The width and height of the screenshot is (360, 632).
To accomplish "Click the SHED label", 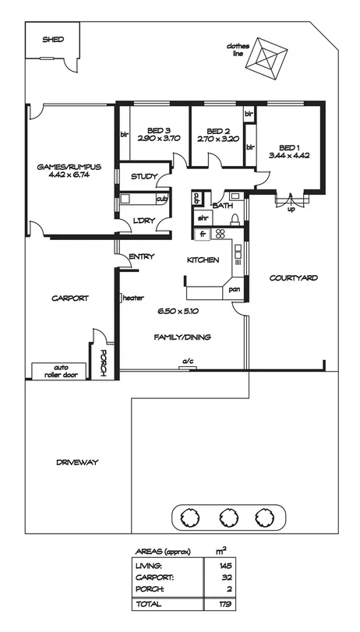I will click(53, 39).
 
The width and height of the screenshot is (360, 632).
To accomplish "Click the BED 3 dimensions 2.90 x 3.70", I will click(159, 138).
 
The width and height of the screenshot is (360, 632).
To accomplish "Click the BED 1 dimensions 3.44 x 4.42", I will click(289, 156).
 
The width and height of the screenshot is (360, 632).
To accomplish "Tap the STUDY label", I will click(144, 176).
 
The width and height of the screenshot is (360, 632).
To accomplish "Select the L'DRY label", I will click(143, 220).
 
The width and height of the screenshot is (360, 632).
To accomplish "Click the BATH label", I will click(222, 206).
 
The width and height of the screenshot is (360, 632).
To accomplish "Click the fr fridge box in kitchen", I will click(203, 234).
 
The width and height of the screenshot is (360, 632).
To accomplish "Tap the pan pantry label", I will click(234, 290).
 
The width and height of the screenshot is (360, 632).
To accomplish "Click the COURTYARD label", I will click(293, 277).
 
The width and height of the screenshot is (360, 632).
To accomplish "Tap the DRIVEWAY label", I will click(76, 462).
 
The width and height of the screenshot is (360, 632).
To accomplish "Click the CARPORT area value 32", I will click(227, 577).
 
